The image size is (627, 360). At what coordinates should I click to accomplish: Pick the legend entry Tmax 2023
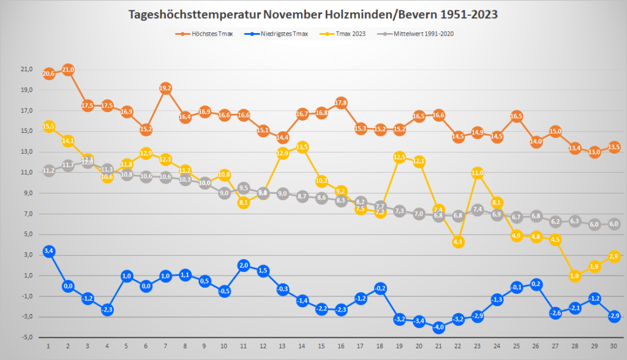[345, 33]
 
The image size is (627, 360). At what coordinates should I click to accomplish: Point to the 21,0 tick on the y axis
[26, 69]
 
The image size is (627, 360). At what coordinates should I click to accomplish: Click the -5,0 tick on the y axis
[26, 337]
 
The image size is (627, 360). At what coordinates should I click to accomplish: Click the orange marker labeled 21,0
[68, 70]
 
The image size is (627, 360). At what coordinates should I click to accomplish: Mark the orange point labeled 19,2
[165, 88]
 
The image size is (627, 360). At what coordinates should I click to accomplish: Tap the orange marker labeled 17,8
[341, 102]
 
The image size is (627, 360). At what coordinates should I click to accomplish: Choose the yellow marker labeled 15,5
[49, 126]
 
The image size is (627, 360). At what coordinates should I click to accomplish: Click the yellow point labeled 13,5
[302, 147]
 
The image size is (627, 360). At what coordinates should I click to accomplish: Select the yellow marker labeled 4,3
[458, 242]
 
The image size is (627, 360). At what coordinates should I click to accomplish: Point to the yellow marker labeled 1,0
[575, 276]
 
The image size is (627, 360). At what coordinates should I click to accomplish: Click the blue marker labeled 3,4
[49, 251]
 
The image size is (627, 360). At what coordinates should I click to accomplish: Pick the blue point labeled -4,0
[438, 328]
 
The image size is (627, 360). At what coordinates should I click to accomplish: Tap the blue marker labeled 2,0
[244, 265]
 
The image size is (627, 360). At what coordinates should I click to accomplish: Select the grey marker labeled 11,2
[49, 170]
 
